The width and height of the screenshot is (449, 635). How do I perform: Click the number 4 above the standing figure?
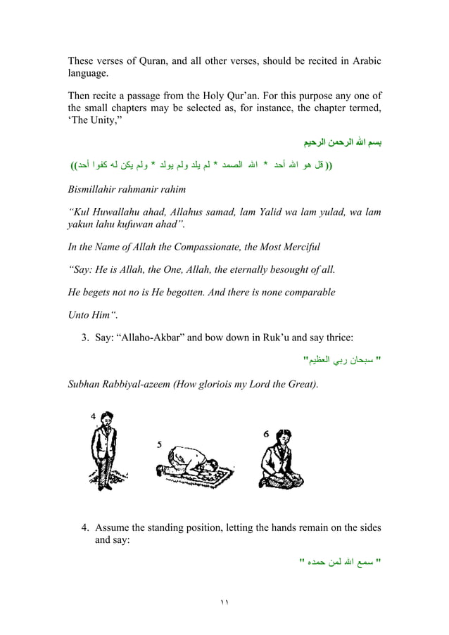click(94, 416)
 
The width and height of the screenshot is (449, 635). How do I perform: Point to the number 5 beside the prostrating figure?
click(160, 444)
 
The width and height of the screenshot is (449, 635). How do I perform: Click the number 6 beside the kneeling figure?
click(265, 434)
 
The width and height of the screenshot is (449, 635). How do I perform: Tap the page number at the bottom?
click(224, 603)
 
